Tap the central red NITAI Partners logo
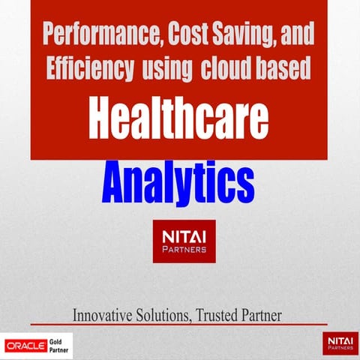184,241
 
